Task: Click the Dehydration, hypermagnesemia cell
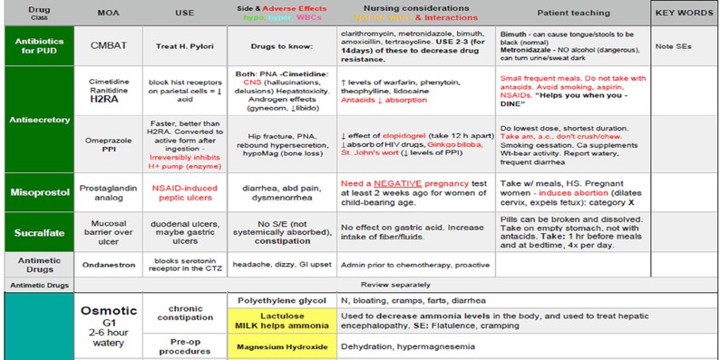point(397,345)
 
